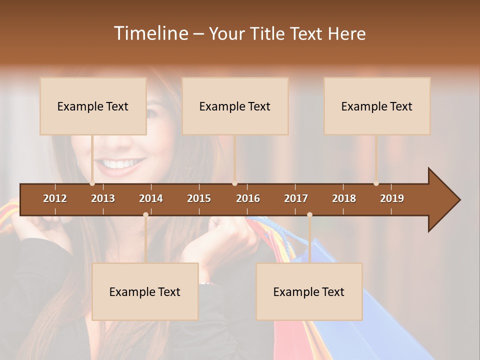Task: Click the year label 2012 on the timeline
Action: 55,198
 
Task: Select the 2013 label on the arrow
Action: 103,198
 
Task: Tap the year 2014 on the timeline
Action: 151,198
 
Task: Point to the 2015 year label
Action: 199,198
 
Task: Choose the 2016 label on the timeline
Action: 248,198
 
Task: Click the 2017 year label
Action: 296,198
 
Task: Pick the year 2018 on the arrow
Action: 344,198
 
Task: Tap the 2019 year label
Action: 392,198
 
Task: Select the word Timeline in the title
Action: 150,33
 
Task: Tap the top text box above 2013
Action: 93,106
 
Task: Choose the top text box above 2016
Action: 235,106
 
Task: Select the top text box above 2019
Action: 377,106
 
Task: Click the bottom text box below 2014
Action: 145,291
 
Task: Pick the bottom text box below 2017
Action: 309,291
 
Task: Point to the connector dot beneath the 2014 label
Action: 145,214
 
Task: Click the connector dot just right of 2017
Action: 309,214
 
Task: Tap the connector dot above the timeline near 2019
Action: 376,183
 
